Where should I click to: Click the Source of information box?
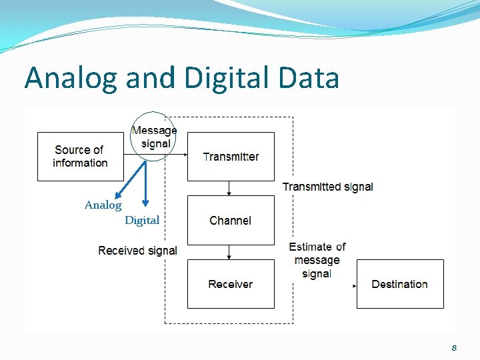tap(80, 157)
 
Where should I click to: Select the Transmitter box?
tap(231, 157)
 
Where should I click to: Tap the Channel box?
tap(231, 220)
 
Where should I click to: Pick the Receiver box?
tap(231, 284)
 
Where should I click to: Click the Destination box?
tap(400, 284)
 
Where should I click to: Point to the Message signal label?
tap(154, 137)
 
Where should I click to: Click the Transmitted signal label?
tap(327, 187)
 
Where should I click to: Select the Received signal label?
tap(137, 251)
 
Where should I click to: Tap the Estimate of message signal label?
tap(317, 260)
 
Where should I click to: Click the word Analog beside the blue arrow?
tap(103, 205)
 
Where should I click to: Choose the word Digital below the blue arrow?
tap(142, 220)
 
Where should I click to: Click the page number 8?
tap(454, 347)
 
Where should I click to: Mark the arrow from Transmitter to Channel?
tap(229, 188)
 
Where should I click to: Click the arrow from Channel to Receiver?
tap(229, 252)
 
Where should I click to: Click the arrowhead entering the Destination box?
tap(355, 285)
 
